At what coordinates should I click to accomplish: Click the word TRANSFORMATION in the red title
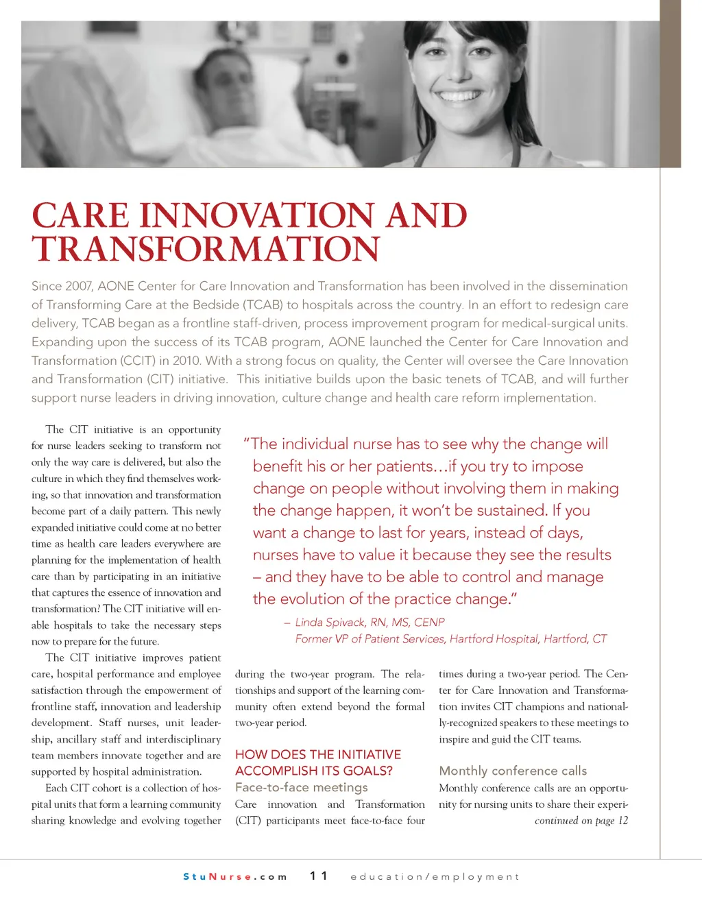[x=206, y=250]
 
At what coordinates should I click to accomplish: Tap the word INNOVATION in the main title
[x=258, y=216]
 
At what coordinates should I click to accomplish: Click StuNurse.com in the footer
[x=234, y=876]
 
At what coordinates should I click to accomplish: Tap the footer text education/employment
[x=435, y=876]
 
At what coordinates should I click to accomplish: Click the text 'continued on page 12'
[x=581, y=821]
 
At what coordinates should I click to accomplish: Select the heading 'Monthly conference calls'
[x=513, y=771]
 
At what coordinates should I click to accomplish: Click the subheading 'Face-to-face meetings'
[x=301, y=787]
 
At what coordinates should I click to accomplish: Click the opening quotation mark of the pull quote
[x=247, y=443]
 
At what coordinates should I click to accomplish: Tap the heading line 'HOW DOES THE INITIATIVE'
[x=317, y=754]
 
